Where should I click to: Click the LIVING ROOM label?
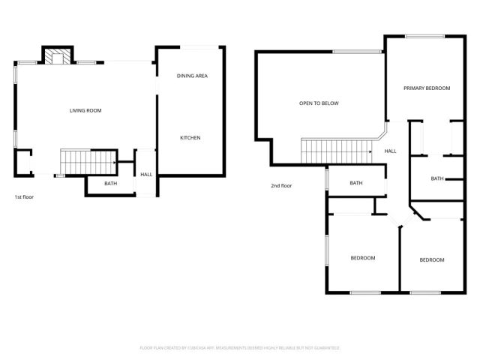pyautogui.click(x=85, y=111)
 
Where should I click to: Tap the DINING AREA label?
pyautogui.click(x=192, y=76)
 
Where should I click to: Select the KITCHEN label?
pyautogui.click(x=190, y=138)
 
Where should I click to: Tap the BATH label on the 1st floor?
pyautogui.click(x=110, y=184)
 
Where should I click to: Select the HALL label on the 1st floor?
pyautogui.click(x=146, y=175)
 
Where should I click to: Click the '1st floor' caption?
pyautogui.click(x=24, y=197)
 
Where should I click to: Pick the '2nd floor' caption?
pyautogui.click(x=282, y=186)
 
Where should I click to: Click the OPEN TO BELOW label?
pyautogui.click(x=319, y=103)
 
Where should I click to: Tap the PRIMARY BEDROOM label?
pyautogui.click(x=427, y=88)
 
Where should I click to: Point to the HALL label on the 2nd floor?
pyautogui.click(x=391, y=151)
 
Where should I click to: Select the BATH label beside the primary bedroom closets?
pyautogui.click(x=436, y=178)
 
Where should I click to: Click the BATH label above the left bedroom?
pyautogui.click(x=355, y=183)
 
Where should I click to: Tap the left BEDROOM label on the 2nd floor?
pyautogui.click(x=363, y=258)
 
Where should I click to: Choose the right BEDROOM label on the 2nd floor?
pyautogui.click(x=431, y=260)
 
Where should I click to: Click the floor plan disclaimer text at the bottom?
pyautogui.click(x=240, y=348)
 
